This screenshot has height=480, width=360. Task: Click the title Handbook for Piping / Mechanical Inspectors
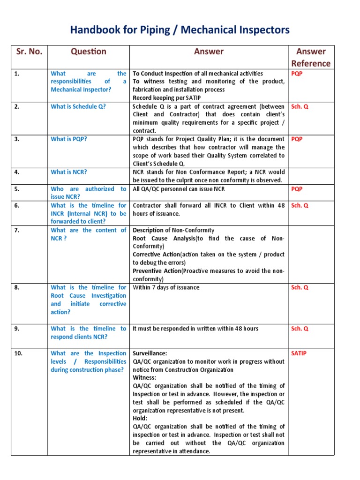coord(180,30)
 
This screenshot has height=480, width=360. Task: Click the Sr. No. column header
coord(29,52)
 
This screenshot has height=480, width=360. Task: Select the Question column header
coord(89,52)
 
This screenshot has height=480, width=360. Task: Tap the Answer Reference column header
coord(311,57)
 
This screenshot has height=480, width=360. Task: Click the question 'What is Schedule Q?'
coord(78,106)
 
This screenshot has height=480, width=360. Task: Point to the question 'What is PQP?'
coord(68,139)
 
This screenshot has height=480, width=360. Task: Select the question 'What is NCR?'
coord(68,172)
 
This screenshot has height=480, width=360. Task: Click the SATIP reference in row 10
coord(299,353)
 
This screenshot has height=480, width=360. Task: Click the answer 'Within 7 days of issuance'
coord(166,287)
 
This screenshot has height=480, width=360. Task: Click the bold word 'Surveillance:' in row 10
coord(150,353)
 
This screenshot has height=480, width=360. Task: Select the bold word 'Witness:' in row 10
coord(144,377)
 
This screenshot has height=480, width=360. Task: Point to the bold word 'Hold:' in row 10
coord(140,418)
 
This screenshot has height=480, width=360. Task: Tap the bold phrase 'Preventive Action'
coord(157,271)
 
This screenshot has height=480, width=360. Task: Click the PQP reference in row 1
coord(297,74)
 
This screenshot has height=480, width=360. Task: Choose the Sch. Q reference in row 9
coord(300,329)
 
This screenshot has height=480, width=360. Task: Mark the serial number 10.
coord(18,353)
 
